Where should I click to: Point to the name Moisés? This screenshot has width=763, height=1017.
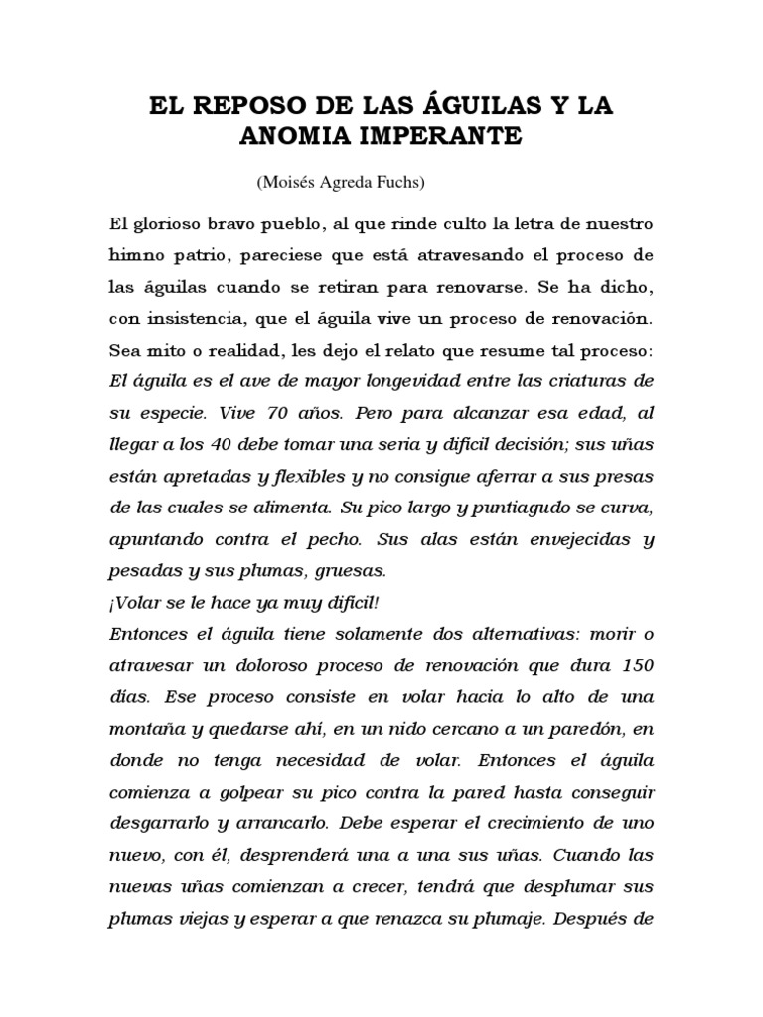point(285,183)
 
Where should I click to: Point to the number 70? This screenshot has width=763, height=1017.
point(272,414)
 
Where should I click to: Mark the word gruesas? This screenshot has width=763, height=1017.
point(349,572)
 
